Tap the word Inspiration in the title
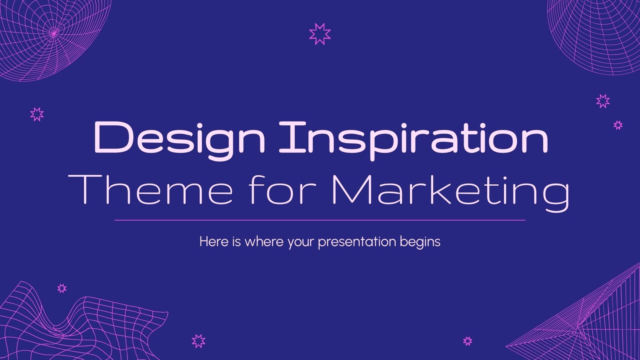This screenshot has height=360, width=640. click(413, 139)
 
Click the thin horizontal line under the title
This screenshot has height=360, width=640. click(320, 220)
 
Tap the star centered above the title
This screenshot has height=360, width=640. click(320, 34)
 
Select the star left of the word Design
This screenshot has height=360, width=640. click(37, 114)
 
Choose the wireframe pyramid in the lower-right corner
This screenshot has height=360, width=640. click(588, 320)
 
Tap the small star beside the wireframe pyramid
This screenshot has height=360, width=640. click(468, 341)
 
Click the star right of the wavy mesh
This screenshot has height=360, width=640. click(198, 341)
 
